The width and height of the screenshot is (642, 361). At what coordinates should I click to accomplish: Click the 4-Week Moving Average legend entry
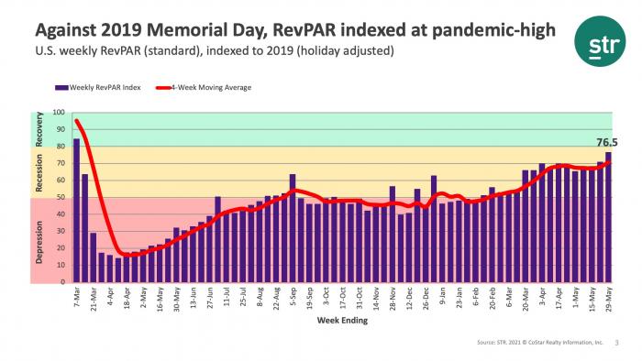pyautogui.click(x=211, y=88)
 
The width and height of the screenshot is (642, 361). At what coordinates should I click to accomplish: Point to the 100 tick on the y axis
pyautogui.click(x=59, y=113)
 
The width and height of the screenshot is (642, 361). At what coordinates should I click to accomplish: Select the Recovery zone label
pyautogui.click(x=39, y=130)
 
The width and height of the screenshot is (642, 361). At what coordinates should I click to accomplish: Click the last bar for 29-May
pyautogui.click(x=608, y=217)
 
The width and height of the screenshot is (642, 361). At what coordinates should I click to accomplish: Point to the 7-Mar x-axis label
pyautogui.click(x=75, y=297)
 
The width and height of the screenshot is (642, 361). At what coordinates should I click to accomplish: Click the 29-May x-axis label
pyautogui.click(x=607, y=298)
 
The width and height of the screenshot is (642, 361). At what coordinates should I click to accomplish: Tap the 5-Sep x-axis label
pyautogui.click(x=292, y=297)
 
